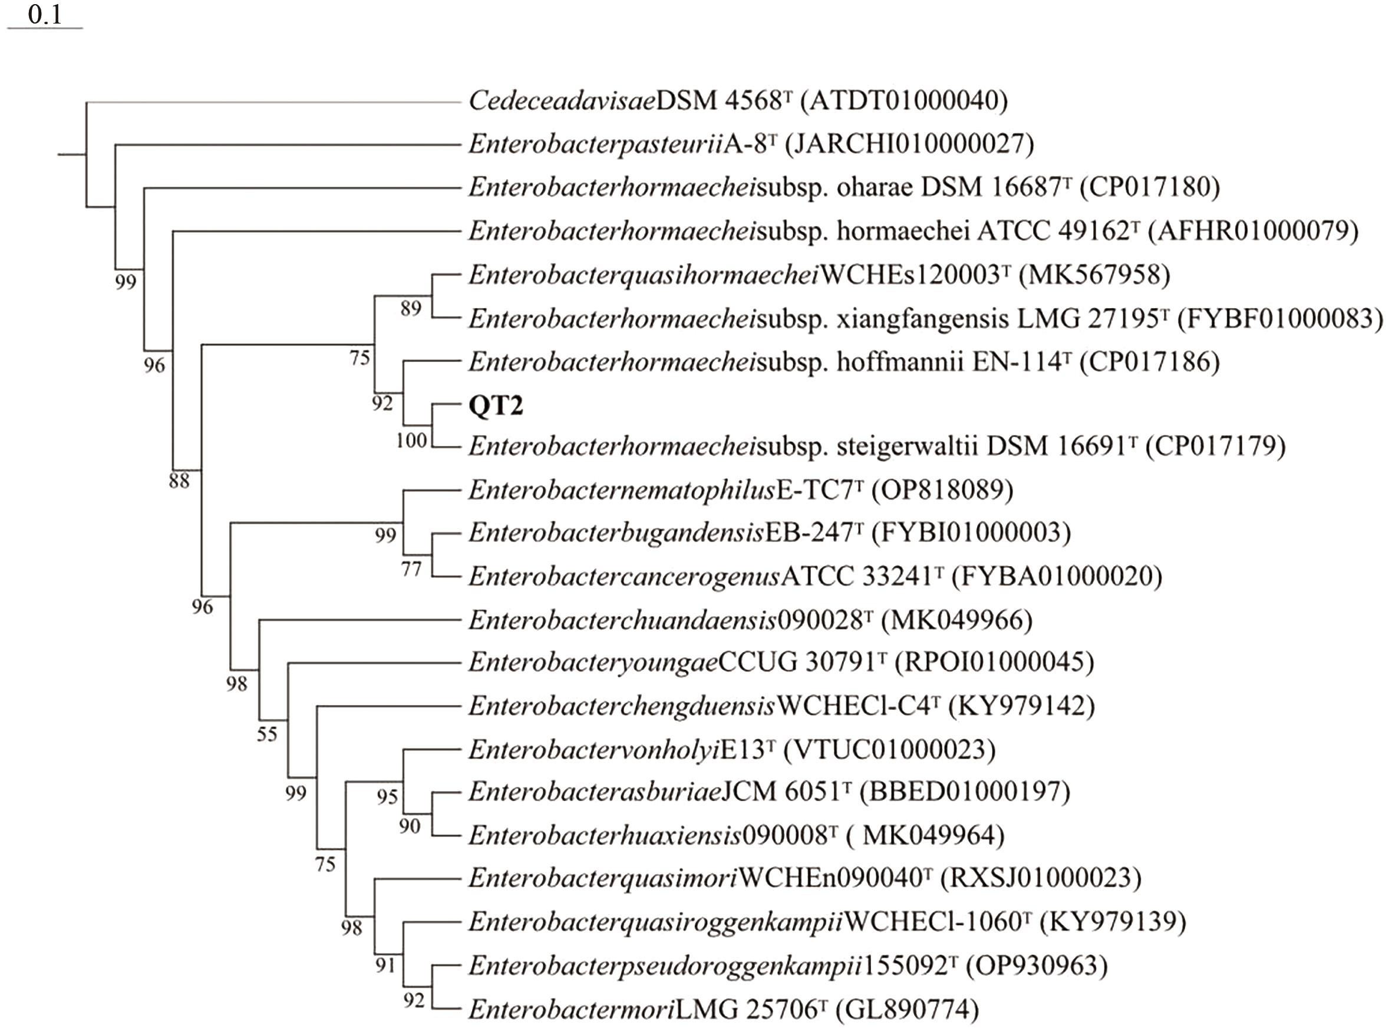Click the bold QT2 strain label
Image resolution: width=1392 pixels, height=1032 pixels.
pos(496,405)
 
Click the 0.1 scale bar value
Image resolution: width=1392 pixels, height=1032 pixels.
pos(45,14)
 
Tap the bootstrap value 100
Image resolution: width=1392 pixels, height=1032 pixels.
pos(411,441)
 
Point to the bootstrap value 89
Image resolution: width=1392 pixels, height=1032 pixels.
pos(411,308)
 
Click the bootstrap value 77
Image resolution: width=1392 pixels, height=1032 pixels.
pos(411,569)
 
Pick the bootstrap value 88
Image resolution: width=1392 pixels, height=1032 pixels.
pos(179,481)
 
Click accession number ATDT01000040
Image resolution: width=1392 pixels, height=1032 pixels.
pos(904,101)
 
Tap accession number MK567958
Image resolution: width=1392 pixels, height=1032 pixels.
pos(1094,274)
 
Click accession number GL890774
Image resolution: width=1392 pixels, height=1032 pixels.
pos(907,1009)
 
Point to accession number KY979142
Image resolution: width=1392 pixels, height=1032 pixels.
pos(1021,706)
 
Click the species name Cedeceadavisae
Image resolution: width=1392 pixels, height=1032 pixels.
pos(562,101)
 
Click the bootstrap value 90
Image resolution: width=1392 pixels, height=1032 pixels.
pos(410,826)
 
